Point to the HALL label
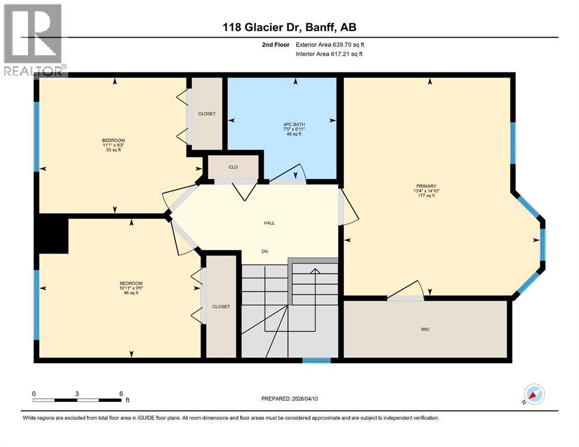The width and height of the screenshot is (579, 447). (x=269, y=223)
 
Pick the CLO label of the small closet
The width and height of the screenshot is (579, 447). (x=233, y=167)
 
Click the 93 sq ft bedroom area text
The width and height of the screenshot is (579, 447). (x=113, y=150)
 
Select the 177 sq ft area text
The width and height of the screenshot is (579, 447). (x=427, y=196)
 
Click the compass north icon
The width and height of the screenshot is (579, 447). (x=534, y=394)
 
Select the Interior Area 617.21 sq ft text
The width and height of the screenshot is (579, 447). (x=330, y=54)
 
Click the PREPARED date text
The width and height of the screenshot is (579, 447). (x=289, y=399)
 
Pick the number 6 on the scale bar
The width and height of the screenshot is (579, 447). (x=121, y=393)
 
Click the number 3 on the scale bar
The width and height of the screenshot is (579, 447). (x=77, y=393)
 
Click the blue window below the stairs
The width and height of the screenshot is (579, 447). (x=316, y=360)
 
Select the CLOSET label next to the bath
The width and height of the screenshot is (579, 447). (x=207, y=113)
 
